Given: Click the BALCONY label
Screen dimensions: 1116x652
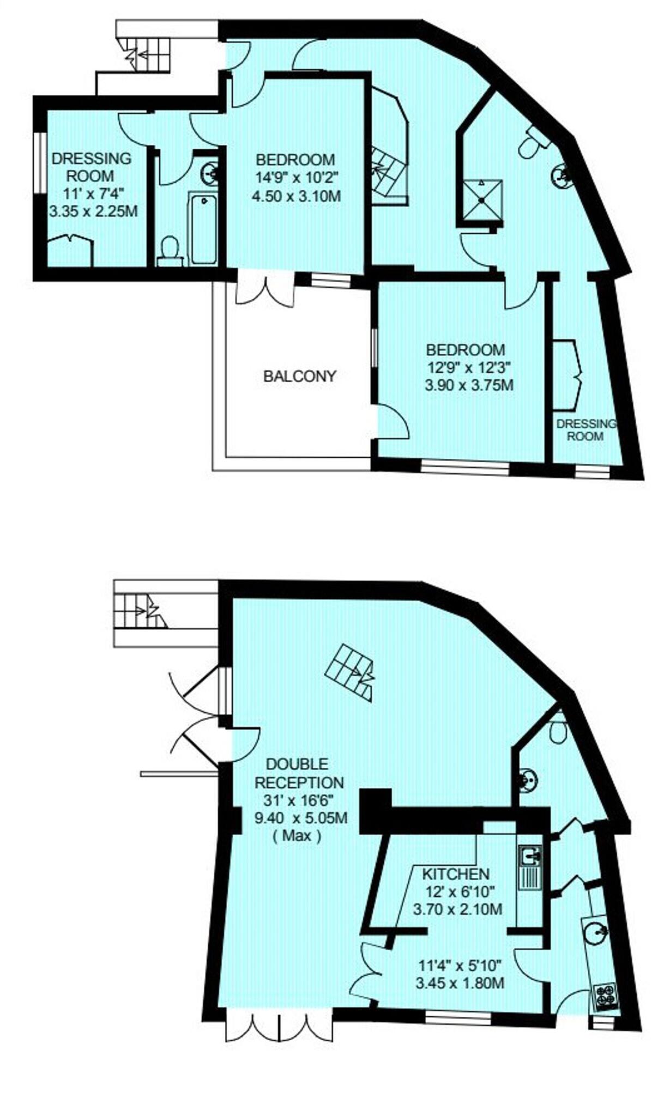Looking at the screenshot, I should [299, 376].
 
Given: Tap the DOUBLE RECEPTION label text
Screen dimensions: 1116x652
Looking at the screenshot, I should [299, 773].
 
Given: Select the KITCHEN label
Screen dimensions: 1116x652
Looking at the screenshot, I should [456, 874].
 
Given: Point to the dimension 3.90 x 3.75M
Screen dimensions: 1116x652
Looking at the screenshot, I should [469, 385].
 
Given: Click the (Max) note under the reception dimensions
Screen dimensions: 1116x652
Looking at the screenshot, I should [297, 835].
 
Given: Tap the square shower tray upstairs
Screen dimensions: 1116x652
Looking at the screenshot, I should [482, 199].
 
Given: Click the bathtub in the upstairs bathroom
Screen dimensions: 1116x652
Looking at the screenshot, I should [203, 228].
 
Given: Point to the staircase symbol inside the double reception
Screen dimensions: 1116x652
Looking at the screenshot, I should [350, 671].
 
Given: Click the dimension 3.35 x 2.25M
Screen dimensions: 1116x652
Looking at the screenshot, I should [93, 211].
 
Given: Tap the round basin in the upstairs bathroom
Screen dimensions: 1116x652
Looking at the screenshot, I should [210, 174].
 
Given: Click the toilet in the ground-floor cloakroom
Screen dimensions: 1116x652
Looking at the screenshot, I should [557, 731].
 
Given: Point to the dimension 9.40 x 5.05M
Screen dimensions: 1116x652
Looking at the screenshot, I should [301, 817].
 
